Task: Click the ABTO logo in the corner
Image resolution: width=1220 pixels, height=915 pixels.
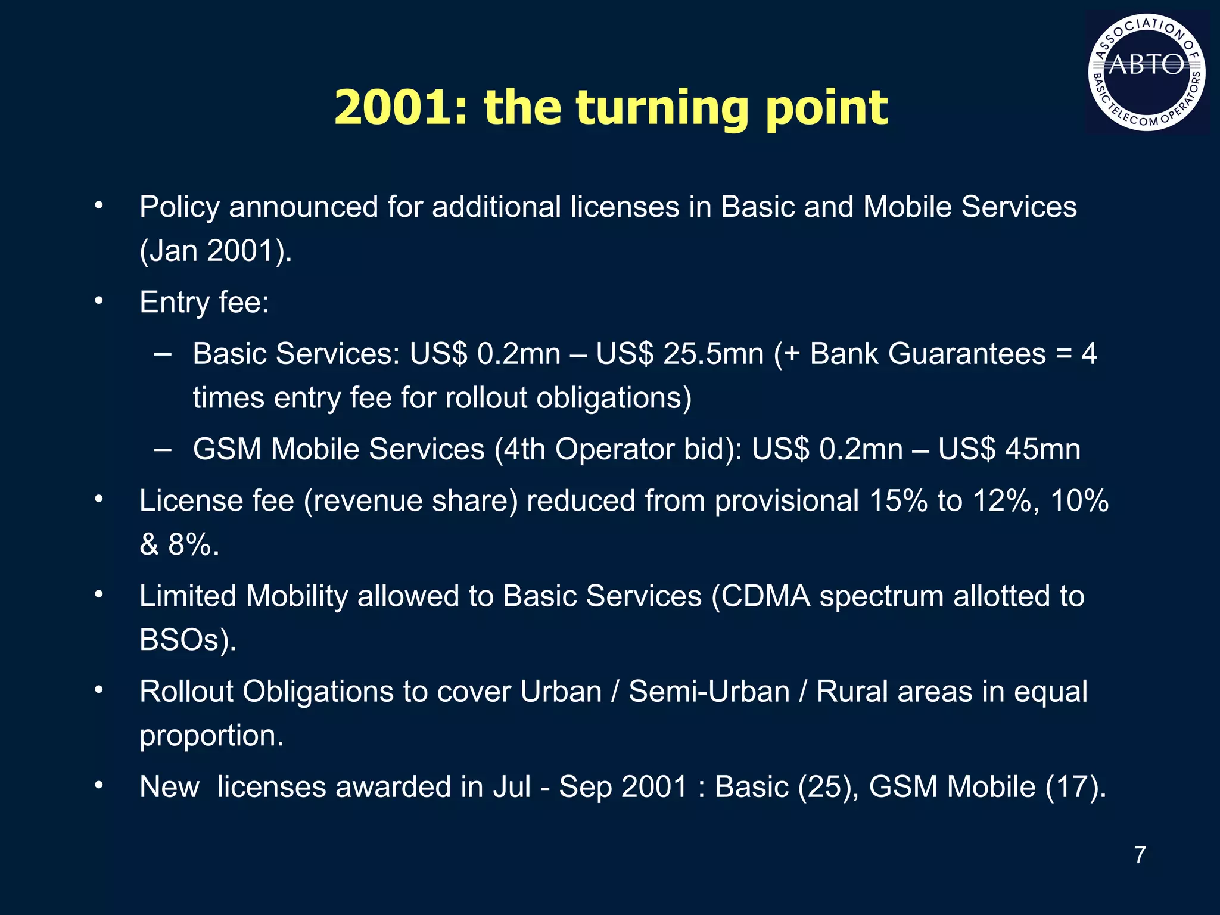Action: [1147, 72]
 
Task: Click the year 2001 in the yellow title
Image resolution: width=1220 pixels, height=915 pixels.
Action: [392, 108]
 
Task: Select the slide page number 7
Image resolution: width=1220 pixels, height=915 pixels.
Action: [1140, 855]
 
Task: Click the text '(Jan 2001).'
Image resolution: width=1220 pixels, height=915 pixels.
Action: [216, 251]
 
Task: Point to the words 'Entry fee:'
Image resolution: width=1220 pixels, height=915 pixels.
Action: [204, 302]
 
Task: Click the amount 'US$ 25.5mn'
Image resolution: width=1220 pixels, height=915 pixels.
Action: [680, 354]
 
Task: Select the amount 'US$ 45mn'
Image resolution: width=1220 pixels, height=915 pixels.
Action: [1009, 449]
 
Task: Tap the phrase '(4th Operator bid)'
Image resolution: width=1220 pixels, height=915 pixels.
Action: [618, 449]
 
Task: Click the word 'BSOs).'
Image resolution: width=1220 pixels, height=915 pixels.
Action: [188, 640]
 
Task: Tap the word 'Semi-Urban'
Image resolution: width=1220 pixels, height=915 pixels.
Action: [709, 692]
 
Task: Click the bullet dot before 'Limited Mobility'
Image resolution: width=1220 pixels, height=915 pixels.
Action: [99, 594]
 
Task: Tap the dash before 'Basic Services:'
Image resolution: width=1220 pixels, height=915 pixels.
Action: [162, 354]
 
